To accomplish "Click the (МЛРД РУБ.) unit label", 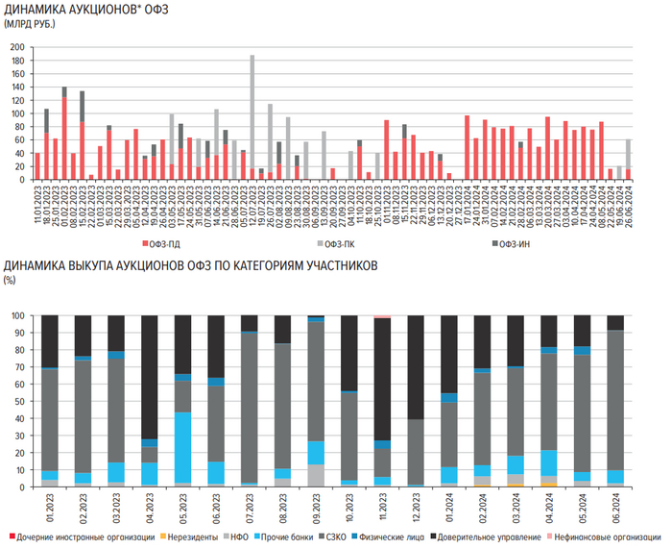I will pos(31,23).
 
